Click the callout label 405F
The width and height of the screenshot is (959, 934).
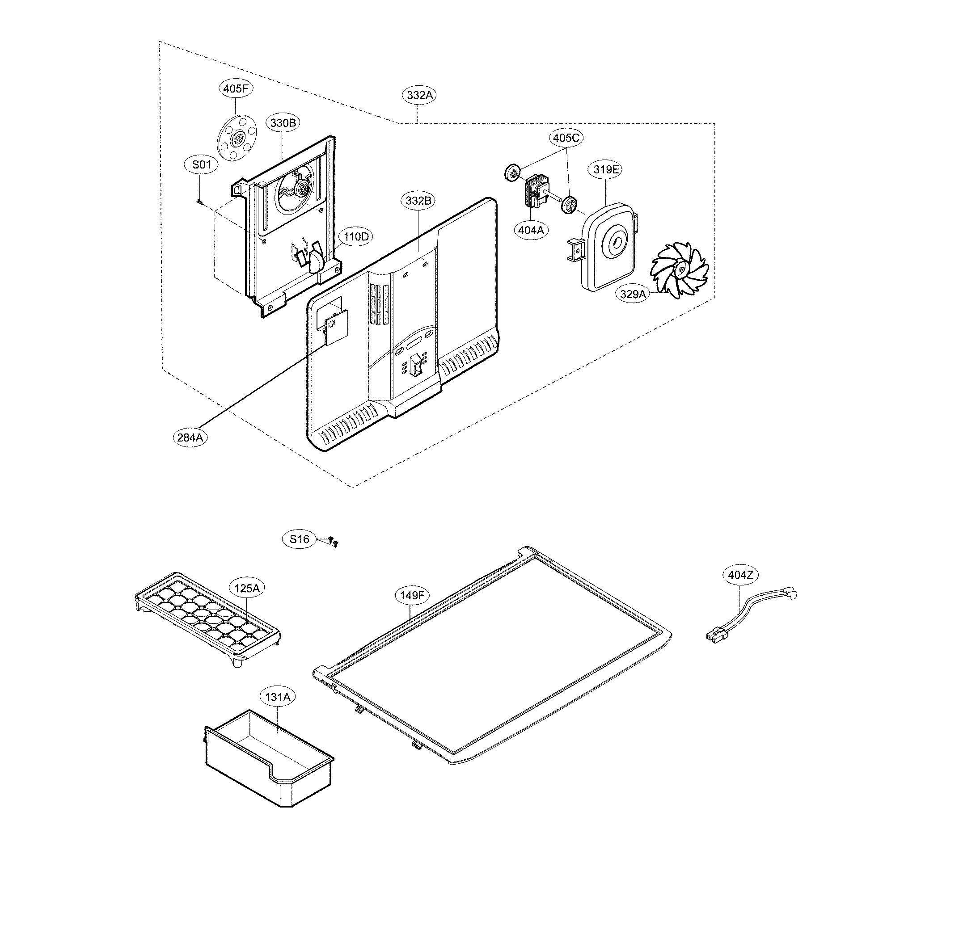(235, 89)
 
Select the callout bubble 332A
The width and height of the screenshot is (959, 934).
(420, 95)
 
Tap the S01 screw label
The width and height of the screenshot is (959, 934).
(201, 164)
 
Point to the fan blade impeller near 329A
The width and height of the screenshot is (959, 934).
(680, 269)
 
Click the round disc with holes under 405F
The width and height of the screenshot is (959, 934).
(237, 137)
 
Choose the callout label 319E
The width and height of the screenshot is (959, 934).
(606, 170)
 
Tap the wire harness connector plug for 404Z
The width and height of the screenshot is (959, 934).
(713, 636)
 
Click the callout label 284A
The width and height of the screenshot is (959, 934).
(190, 437)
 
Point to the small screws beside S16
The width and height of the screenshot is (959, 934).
(334, 541)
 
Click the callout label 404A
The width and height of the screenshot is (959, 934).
(531, 230)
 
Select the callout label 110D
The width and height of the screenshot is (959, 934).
(356, 237)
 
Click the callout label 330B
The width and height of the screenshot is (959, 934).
(283, 122)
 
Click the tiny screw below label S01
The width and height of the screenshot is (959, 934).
(198, 200)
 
